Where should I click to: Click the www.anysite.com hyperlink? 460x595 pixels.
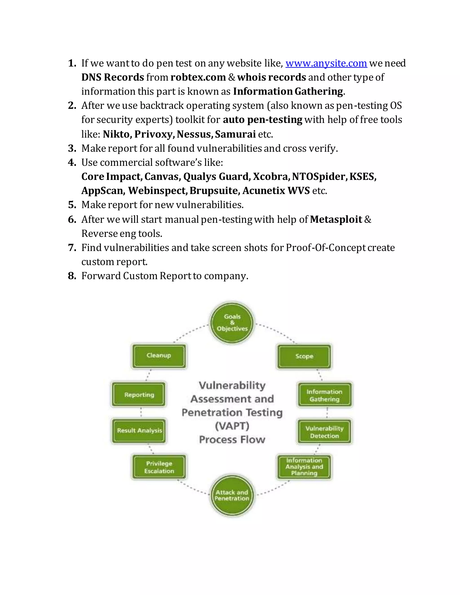click(326, 63)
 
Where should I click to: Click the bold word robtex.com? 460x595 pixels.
click(198, 77)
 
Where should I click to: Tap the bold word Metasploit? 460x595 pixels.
click(336, 219)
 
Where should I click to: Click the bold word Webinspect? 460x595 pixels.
click(157, 191)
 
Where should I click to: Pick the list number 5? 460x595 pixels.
click(72, 205)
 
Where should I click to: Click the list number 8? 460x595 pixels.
click(72, 276)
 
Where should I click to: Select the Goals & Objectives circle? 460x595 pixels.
click(232, 323)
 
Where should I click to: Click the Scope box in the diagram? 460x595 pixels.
click(304, 356)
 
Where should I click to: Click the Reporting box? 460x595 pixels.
click(139, 395)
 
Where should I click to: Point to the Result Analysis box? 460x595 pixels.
click(139, 430)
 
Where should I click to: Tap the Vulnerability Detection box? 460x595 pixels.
click(324, 432)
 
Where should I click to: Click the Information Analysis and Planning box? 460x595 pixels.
click(304, 467)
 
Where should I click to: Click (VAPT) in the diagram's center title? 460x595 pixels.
click(232, 426)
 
